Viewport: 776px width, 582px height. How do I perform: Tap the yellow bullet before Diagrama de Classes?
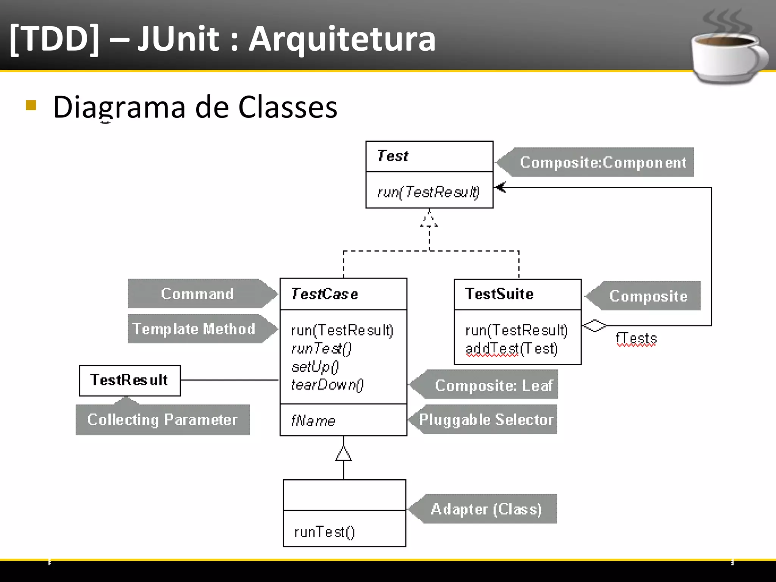[31, 105]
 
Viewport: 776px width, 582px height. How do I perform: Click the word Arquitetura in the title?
[342, 39]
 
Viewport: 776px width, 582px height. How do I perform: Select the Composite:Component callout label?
[602, 162]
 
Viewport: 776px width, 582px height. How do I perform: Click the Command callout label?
[197, 294]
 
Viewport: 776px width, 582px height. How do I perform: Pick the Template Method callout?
[194, 329]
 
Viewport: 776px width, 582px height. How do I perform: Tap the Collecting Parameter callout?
[162, 419]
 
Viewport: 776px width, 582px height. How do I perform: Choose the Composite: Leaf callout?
[493, 385]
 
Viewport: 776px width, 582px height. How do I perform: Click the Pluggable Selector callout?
[486, 419]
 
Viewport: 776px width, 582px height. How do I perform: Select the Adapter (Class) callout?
[486, 509]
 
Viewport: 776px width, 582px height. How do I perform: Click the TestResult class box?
[130, 380]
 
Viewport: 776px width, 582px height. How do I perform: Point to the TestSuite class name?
[499, 294]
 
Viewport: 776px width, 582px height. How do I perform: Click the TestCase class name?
[324, 294]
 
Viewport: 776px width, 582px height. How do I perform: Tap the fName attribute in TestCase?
[313, 421]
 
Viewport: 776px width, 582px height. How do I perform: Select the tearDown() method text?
[327, 385]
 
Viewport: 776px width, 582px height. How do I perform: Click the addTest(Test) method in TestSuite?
[511, 348]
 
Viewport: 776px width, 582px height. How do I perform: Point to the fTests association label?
[636, 338]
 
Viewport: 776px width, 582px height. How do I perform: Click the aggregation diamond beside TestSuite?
[594, 325]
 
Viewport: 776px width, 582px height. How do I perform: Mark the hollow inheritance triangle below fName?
[343, 454]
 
